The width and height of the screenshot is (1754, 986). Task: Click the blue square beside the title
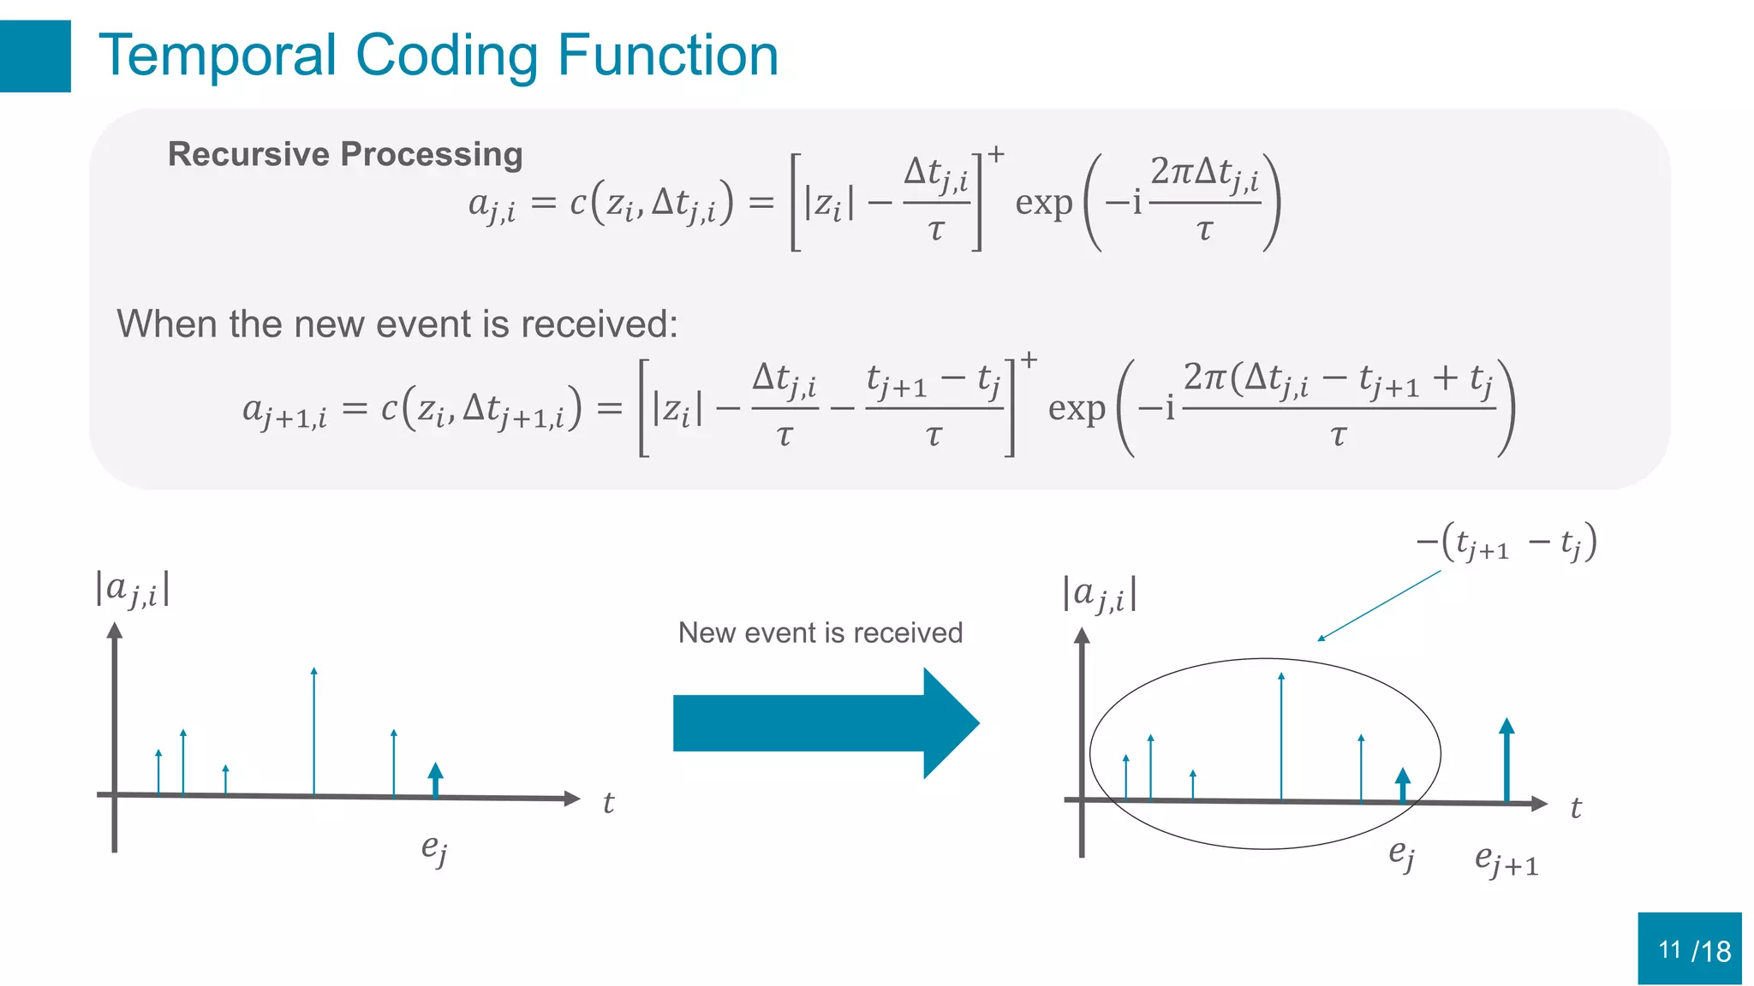click(35, 56)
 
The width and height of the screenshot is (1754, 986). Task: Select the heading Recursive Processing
click(345, 154)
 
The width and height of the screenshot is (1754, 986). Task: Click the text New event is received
click(820, 633)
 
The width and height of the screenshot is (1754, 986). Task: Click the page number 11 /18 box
click(1690, 948)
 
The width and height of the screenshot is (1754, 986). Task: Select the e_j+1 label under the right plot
click(1506, 860)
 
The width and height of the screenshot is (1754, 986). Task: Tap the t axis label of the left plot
click(608, 803)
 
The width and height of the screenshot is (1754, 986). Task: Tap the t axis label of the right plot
click(1575, 808)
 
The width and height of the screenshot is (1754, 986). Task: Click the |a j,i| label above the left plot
click(133, 589)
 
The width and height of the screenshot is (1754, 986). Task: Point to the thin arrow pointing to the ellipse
click(1379, 606)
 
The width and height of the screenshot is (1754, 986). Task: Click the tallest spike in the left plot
click(314, 732)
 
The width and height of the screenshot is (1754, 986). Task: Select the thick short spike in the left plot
click(436, 780)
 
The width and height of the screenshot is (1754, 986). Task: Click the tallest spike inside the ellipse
click(1281, 736)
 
